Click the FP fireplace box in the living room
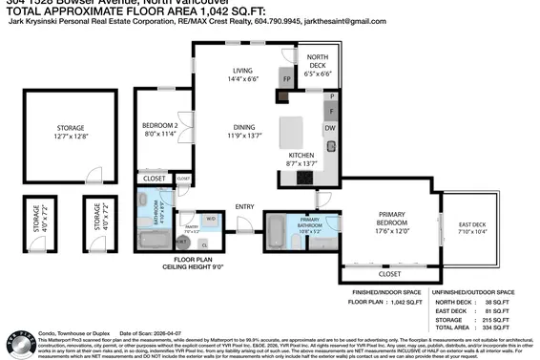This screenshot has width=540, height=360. [x=286, y=78]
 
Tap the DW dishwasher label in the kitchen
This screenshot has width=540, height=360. [x=329, y=127]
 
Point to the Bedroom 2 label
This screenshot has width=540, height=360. [x=160, y=126]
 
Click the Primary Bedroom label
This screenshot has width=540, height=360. [x=392, y=219]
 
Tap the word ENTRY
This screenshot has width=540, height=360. [x=244, y=206]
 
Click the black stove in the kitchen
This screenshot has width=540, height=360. [x=308, y=176]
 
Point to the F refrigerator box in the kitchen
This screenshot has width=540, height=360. [x=330, y=111]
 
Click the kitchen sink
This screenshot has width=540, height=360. [x=330, y=147]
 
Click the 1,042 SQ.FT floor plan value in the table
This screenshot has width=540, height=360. [x=406, y=301]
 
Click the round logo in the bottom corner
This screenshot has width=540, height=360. [x=13, y=345]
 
